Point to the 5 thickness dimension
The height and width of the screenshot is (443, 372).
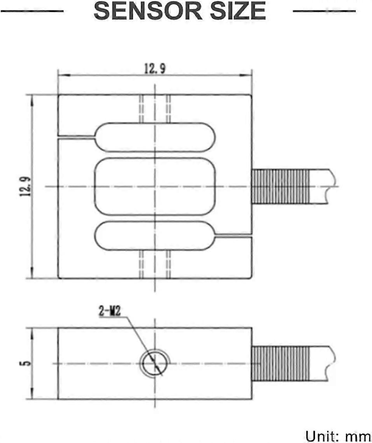pos(26,363)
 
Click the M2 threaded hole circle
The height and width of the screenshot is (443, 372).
pos(155,364)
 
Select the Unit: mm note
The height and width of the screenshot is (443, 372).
pos(338,436)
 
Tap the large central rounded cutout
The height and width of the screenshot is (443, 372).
pos(155,186)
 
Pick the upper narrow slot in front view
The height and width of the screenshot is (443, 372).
pos(155,137)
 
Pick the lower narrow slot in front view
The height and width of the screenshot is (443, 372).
pos(155,236)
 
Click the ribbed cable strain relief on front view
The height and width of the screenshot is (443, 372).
pos(281,186)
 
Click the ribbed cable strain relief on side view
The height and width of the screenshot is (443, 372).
pos(281,364)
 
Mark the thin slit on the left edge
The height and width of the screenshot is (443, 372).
pos(76,137)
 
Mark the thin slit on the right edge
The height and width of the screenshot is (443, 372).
pos(233,236)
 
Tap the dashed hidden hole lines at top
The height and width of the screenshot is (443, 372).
pos(155,108)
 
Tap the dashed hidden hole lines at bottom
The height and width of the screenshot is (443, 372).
pos(155,264)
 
